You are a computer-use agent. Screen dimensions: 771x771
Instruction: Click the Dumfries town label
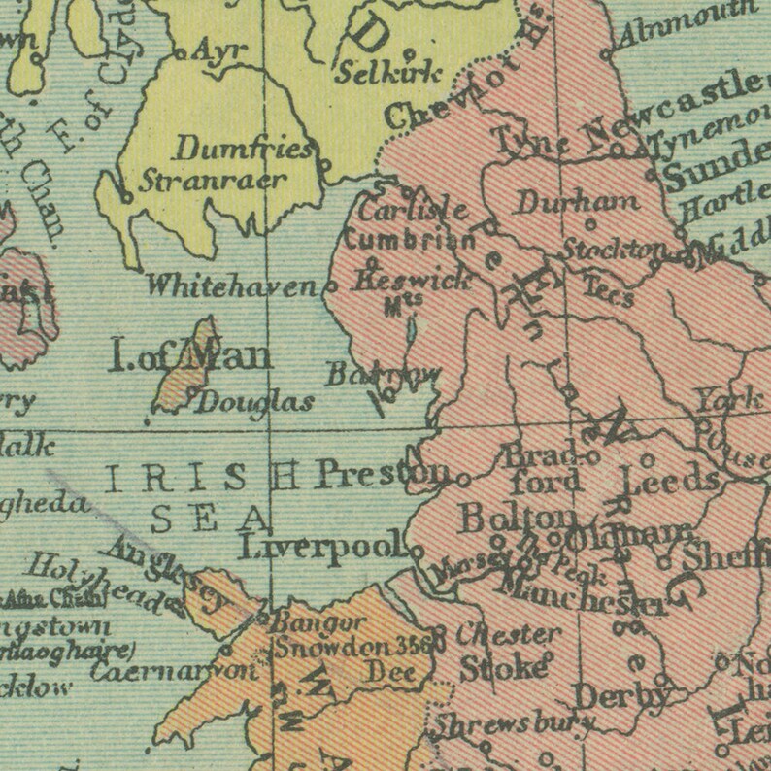click(244, 150)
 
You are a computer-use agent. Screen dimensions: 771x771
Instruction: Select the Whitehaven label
click(232, 285)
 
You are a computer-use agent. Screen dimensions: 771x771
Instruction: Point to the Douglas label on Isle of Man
click(255, 402)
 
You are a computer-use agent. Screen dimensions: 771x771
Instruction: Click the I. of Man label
click(189, 356)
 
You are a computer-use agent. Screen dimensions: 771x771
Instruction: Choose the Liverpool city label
click(321, 548)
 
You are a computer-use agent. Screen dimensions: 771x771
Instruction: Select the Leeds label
click(670, 480)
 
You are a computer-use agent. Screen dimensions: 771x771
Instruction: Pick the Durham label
click(577, 203)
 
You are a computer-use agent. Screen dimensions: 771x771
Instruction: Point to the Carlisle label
click(413, 210)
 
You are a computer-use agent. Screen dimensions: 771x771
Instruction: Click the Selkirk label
click(387, 71)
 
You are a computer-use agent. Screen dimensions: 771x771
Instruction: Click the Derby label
click(621, 695)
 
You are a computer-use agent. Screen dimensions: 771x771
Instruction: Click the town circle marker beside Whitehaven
click(329, 287)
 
